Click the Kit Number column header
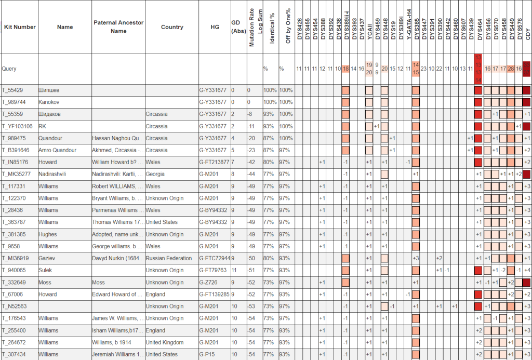pyautogui.click(x=20, y=27)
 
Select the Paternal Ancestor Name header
pyautogui.click(x=118, y=27)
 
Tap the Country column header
pyautogui.click(x=172, y=27)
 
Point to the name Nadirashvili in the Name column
pyautogui.click(x=52, y=174)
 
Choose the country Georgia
pyautogui.click(x=155, y=174)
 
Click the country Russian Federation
pyautogui.click(x=166, y=258)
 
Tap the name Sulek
pyautogui.click(x=46, y=270)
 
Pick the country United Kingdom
pyautogui.click(x=165, y=342)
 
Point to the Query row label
pyautogui.click(x=9, y=69)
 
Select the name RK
pyautogui.click(x=42, y=126)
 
